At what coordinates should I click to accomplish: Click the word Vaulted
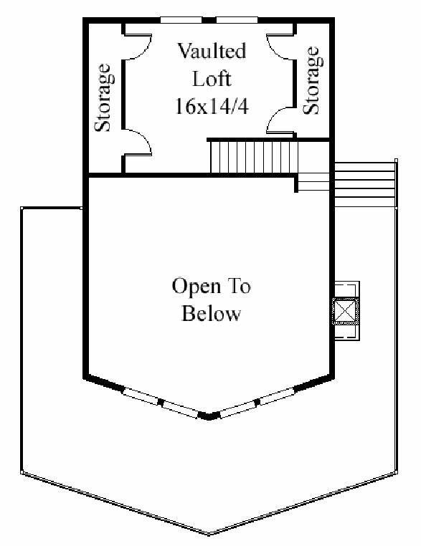(212, 51)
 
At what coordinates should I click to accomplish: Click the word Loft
(212, 79)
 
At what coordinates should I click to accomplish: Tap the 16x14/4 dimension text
(212, 106)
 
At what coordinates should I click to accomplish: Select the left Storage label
(104, 97)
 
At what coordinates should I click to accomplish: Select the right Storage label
(311, 80)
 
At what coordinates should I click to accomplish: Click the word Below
(211, 313)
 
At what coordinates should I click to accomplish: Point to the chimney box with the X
(345, 311)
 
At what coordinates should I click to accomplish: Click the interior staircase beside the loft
(254, 156)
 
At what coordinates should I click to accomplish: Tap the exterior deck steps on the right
(364, 185)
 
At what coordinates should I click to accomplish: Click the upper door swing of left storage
(138, 47)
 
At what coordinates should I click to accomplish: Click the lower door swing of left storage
(138, 142)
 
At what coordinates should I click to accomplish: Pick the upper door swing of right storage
(280, 47)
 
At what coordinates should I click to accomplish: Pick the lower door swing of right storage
(280, 120)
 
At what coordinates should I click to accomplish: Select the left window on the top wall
(181, 20)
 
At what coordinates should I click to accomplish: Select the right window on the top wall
(237, 20)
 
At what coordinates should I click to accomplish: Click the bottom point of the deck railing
(209, 534)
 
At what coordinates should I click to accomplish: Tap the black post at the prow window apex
(209, 416)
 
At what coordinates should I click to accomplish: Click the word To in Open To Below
(240, 286)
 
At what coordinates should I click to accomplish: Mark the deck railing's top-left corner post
(22, 209)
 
